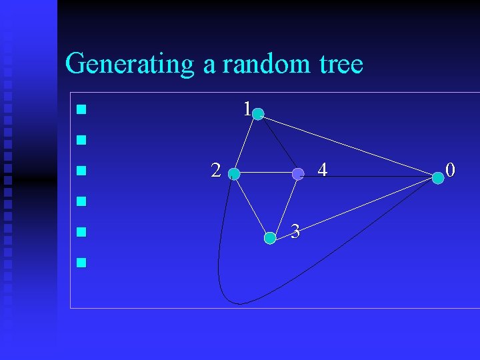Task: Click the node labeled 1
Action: point(258,115)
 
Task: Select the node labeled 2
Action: point(234,174)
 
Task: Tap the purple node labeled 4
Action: point(298,174)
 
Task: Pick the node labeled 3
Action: point(270,237)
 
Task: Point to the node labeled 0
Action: point(437,177)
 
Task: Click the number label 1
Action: point(247,108)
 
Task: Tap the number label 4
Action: point(322,171)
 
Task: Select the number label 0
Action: point(451,171)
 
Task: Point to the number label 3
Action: point(295,232)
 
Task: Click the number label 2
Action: point(216,171)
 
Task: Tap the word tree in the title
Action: point(341,64)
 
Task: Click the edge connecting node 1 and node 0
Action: point(347,145)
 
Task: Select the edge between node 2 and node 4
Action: point(265,174)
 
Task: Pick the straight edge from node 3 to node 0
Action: point(353,207)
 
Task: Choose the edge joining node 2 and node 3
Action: point(252,206)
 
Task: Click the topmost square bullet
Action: point(81,109)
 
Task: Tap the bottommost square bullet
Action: point(81,262)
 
